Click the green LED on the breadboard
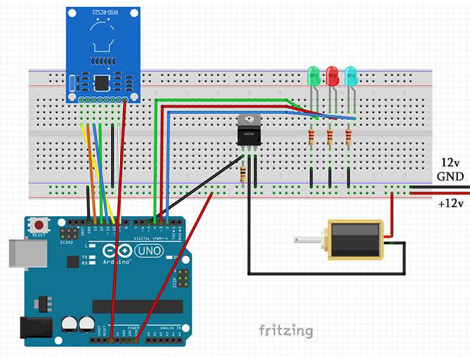[x=314, y=74]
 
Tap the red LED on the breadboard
[x=332, y=74]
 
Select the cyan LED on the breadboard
[x=351, y=74]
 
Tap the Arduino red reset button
[x=36, y=225]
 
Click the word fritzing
[x=286, y=329]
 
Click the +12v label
[x=451, y=204]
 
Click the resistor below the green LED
[x=311, y=137]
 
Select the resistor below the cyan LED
[x=349, y=137]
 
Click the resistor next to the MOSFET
[x=243, y=173]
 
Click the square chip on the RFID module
[x=102, y=83]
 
